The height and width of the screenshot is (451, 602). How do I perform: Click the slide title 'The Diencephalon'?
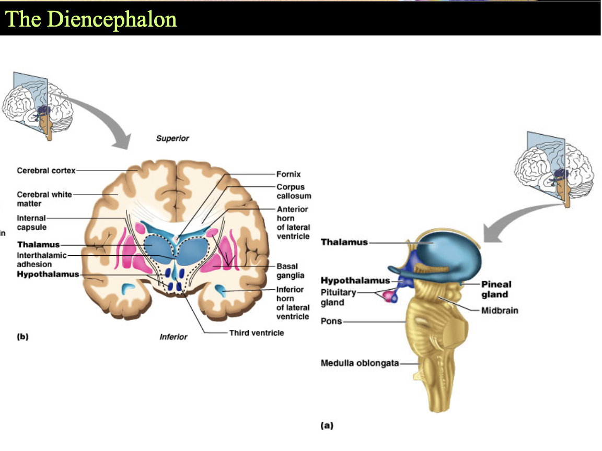91,19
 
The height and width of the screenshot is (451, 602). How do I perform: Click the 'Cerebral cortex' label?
46,171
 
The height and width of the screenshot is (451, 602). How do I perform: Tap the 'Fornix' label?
288,174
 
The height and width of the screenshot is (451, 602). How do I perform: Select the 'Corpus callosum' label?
294,192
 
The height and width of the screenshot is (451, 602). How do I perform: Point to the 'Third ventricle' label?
257,333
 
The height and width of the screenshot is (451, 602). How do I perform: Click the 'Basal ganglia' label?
290,271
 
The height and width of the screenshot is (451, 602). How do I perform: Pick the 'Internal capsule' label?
31,222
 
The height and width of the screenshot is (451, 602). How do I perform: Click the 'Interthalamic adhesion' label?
41,259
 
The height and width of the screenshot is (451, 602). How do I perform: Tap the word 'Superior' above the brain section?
172,138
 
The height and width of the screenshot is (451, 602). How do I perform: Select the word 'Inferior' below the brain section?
173,337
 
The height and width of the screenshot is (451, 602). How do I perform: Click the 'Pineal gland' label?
496,289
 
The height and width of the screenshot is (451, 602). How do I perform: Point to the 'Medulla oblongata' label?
360,363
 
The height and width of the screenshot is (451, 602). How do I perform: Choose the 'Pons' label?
331,321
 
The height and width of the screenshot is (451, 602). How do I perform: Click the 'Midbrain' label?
500,311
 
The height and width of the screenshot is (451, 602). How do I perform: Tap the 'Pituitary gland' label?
338,297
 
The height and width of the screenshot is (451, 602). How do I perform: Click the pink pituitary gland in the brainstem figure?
390,296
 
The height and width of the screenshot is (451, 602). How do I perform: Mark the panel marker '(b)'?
22,337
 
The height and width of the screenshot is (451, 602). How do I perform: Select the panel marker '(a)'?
327,425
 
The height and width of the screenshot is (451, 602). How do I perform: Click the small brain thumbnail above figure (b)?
37,106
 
